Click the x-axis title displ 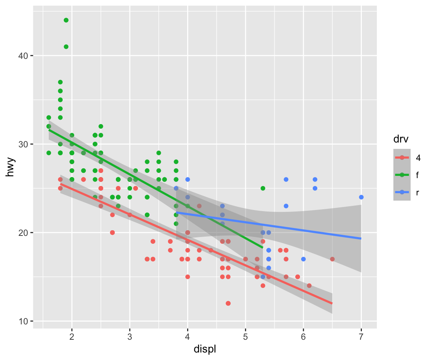[x=204, y=349]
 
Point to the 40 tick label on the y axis [x=23, y=56]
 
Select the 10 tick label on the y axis [x=23, y=321]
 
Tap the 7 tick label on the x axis [x=361, y=336]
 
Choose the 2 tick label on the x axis [x=72, y=336]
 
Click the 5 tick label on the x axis [x=245, y=336]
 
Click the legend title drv [x=401, y=139]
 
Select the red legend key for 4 [x=402, y=157]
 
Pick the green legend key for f [x=402, y=175]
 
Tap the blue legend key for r [x=402, y=192]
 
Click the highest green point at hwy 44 [x=66, y=20]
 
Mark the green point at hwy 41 [x=66, y=47]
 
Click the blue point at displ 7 [x=361, y=197]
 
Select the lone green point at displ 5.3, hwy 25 [x=263, y=188]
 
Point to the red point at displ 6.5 [x=332, y=259]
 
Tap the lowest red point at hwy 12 [x=228, y=303]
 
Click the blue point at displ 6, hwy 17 [x=303, y=259]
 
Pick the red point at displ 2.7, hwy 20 [x=112, y=232]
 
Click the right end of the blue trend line [x=361, y=238]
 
